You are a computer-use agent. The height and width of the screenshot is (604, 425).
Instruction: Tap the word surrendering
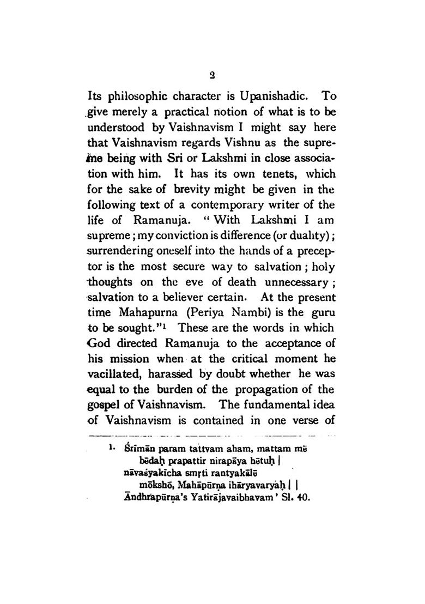[x=118, y=253]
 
